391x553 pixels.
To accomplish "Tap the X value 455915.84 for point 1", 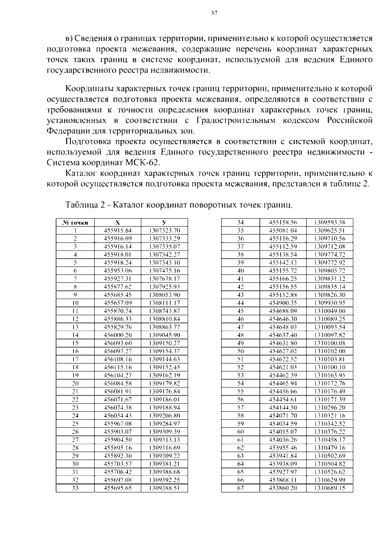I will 117,229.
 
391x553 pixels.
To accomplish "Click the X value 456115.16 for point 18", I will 117,367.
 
